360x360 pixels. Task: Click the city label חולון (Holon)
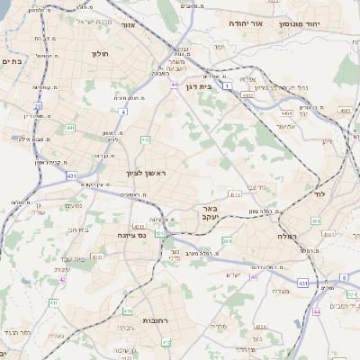[99, 54]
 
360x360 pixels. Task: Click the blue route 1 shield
[229, 85]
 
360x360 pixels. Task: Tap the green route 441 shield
[69, 129]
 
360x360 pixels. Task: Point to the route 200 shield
[227, 241]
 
